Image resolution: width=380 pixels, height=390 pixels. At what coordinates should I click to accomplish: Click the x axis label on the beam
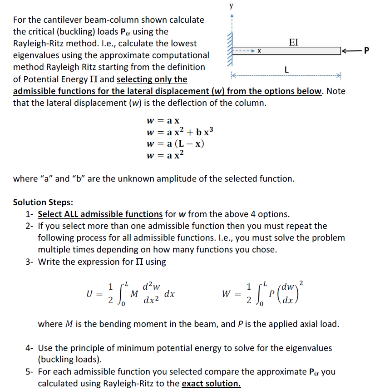258,51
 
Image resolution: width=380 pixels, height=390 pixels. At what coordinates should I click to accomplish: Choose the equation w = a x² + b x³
179,132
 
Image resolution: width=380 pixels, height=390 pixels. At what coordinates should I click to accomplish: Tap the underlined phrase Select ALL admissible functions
100,214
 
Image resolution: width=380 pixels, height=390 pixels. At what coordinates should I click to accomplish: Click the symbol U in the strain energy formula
90,293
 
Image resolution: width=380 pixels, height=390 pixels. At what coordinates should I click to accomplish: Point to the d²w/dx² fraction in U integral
151,293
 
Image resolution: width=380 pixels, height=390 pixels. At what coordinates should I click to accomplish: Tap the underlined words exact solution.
211,383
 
